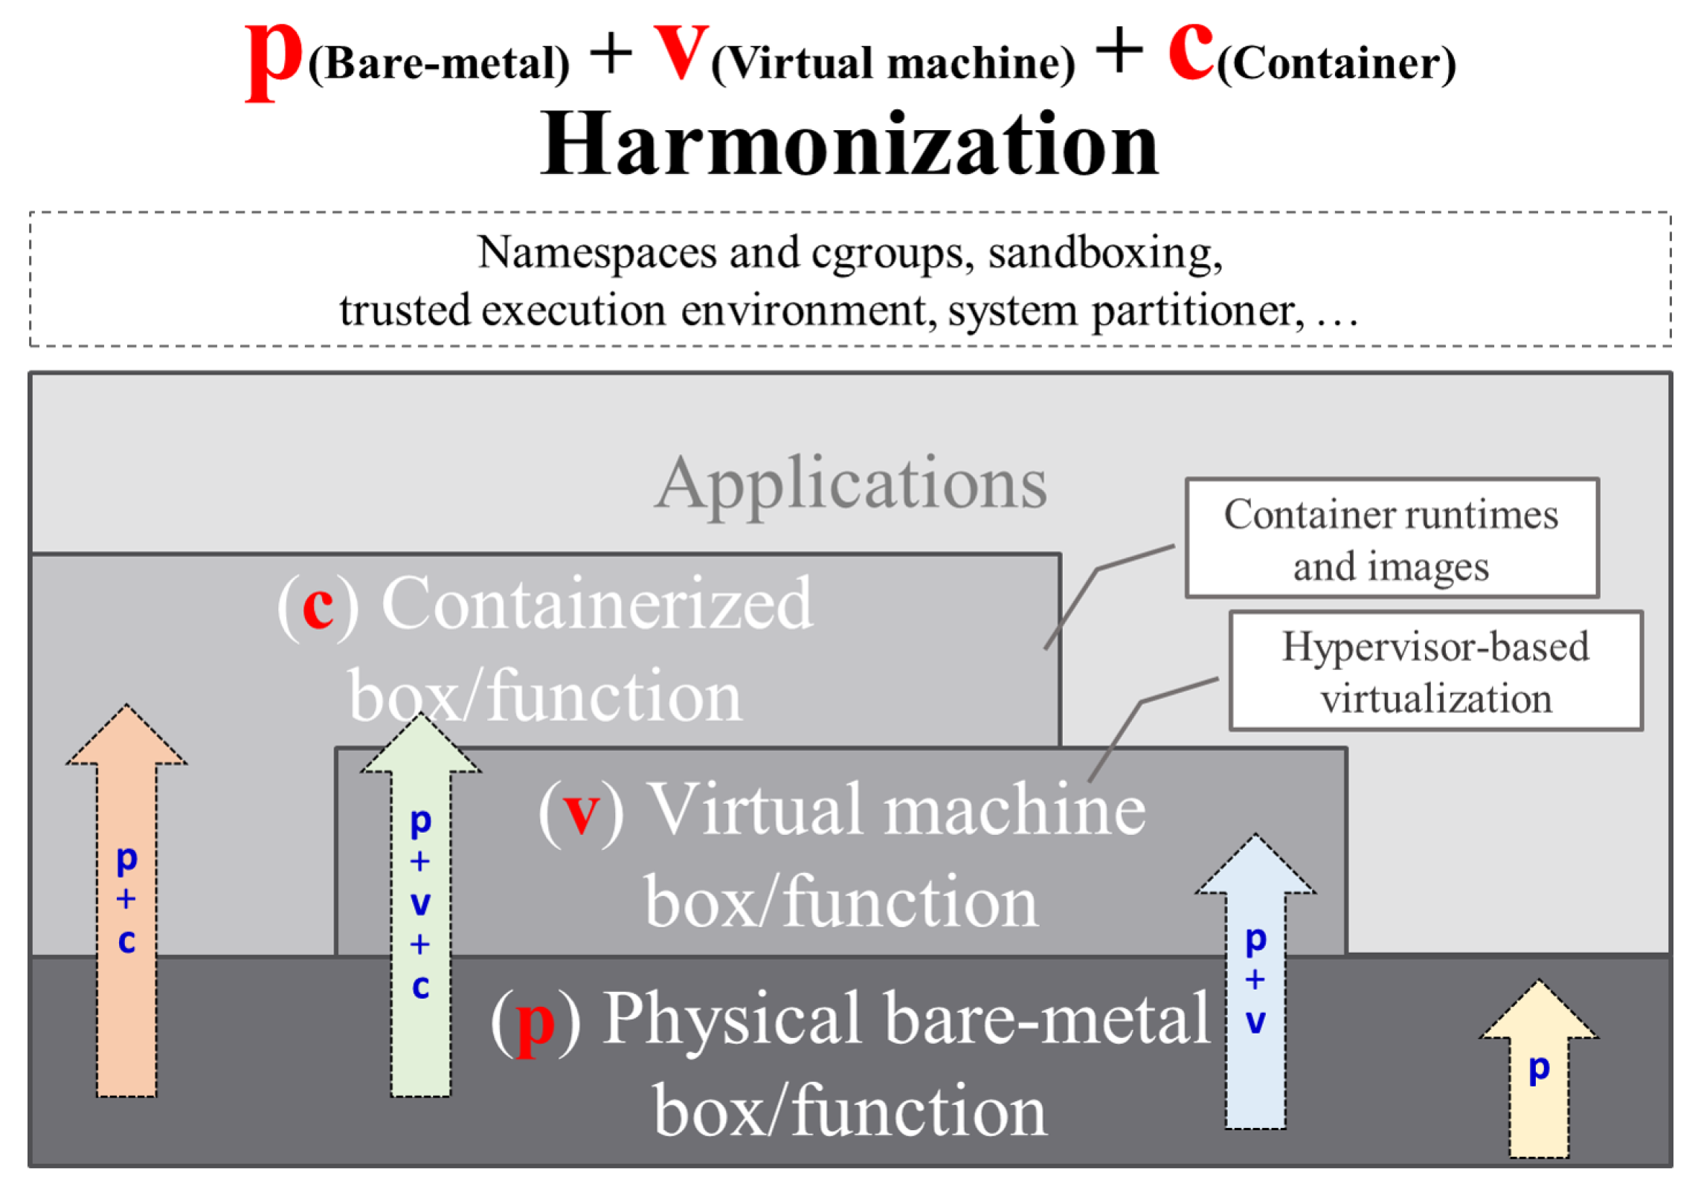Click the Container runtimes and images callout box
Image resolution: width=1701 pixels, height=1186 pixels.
click(1390, 538)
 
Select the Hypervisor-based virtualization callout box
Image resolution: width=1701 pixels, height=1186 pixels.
click(1435, 671)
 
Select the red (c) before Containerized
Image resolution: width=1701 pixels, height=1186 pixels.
click(318, 606)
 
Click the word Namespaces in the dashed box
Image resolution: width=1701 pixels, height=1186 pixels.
click(597, 253)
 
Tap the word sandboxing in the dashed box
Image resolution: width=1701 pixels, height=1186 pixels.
click(1104, 253)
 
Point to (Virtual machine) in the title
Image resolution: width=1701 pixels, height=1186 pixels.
click(893, 64)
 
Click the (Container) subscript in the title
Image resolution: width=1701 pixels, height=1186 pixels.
click(1336, 64)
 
